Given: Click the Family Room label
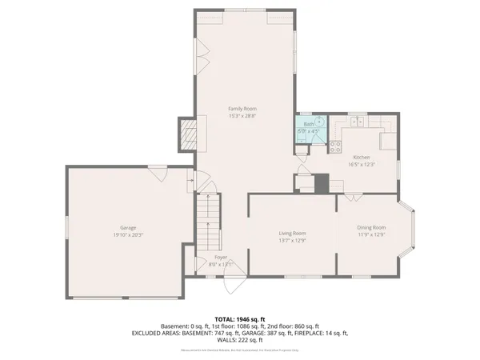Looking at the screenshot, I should pyautogui.click(x=242, y=108).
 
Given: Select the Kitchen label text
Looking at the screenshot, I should pyautogui.click(x=361, y=157).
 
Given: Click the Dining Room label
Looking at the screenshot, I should pyautogui.click(x=371, y=228).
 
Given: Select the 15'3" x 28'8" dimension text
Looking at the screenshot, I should pyautogui.click(x=242, y=116).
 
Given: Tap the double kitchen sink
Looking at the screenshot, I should pyautogui.click(x=356, y=122).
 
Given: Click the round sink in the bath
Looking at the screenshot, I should pyautogui.click(x=318, y=122).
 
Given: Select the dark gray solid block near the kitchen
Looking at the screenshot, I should pyautogui.click(x=322, y=182).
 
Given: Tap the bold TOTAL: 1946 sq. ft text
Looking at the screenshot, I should pyautogui.click(x=241, y=318).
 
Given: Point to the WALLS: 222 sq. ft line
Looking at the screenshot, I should pyautogui.click(x=240, y=339).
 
